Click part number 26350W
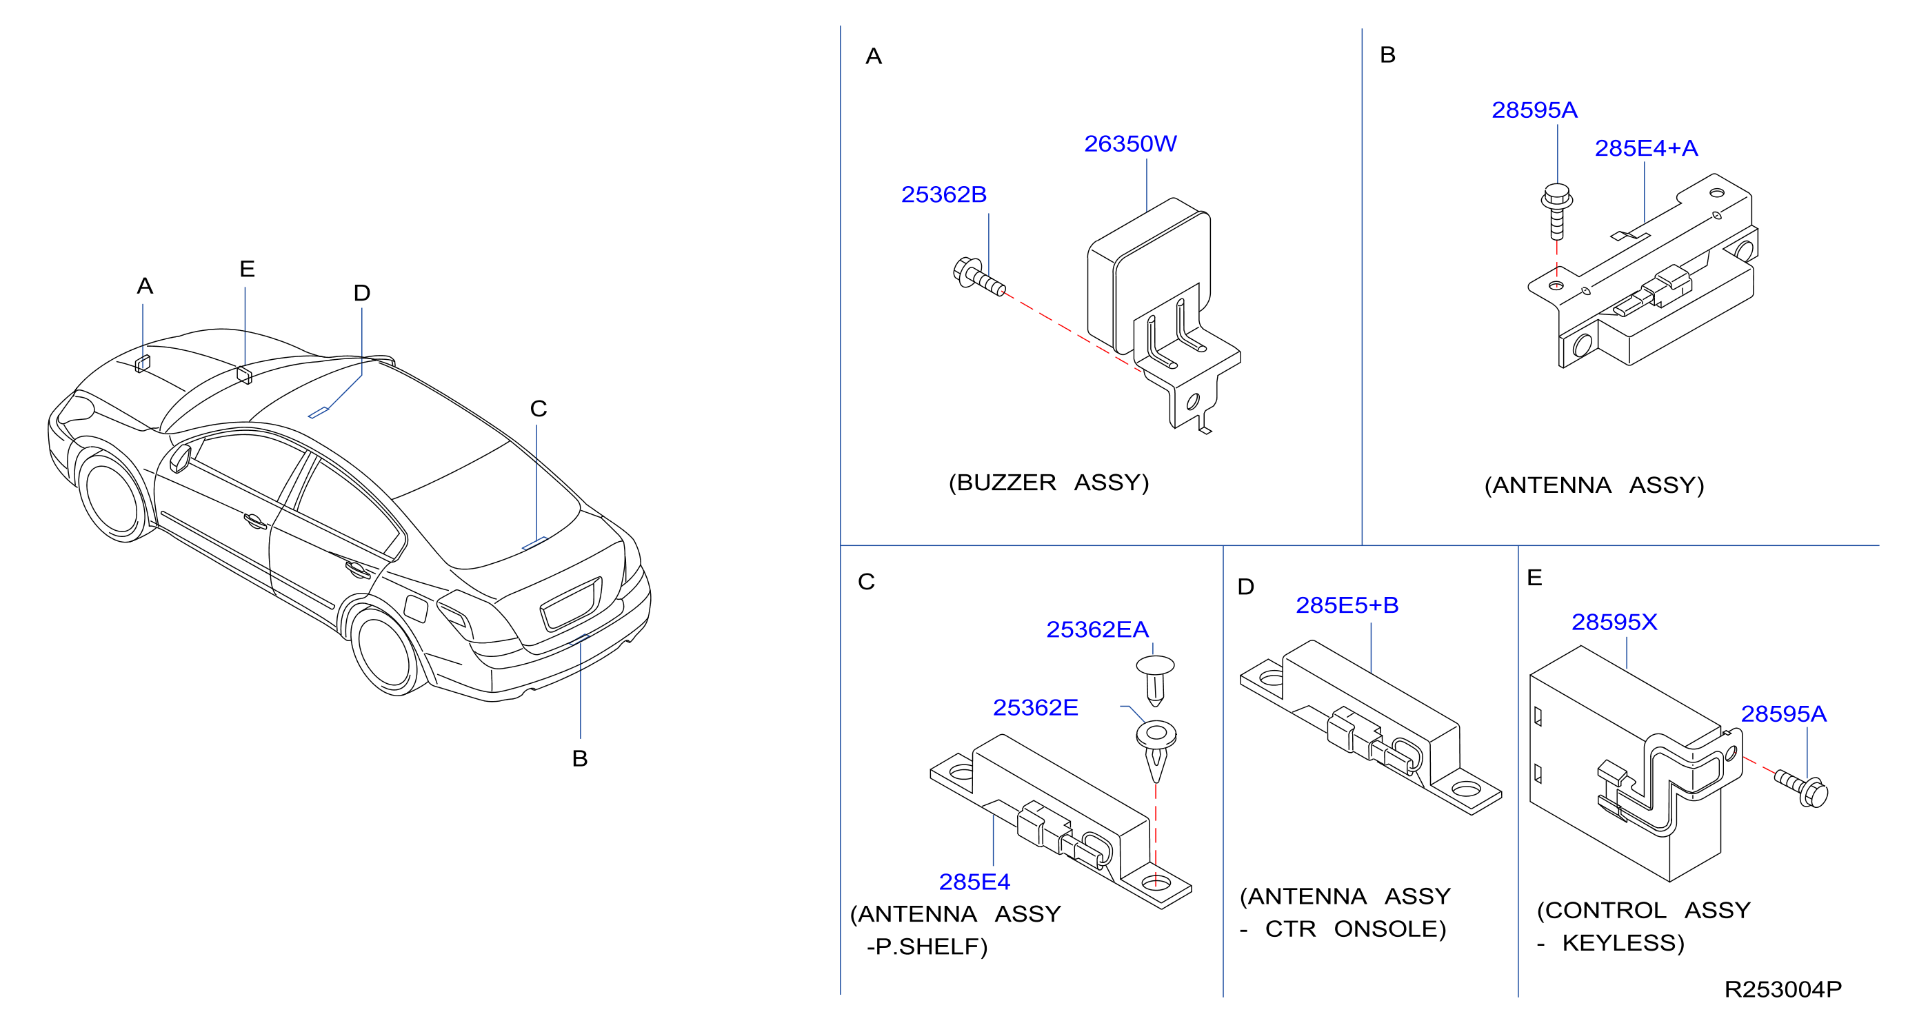point(1130,143)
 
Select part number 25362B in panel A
point(944,194)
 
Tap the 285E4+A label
point(1646,148)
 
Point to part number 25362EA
point(1097,629)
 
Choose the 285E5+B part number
point(1347,605)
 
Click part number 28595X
point(1614,622)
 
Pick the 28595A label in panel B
point(1534,110)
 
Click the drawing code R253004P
point(1783,989)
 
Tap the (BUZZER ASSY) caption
point(1049,483)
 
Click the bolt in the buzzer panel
point(979,278)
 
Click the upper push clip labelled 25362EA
point(1156,680)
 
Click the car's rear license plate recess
point(571,604)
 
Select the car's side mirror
point(181,458)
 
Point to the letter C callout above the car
point(539,409)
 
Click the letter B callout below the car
point(580,758)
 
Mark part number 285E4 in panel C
point(974,882)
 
